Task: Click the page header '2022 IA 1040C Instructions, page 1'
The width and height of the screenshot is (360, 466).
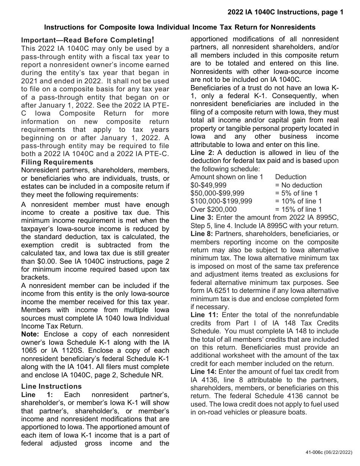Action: point(285,12)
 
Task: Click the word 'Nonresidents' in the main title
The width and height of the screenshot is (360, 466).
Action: point(293,27)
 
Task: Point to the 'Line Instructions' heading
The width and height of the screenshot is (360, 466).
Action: point(52,386)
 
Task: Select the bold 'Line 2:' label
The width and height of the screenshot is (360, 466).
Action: point(202,153)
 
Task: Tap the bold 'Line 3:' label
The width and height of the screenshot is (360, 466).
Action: point(202,217)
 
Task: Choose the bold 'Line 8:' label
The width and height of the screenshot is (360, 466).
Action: point(202,234)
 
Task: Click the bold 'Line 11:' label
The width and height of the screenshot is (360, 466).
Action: point(204,315)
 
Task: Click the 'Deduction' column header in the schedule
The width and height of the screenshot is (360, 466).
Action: point(291,177)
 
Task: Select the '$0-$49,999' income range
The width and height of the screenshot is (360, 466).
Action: point(208,185)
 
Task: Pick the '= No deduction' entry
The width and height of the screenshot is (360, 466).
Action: point(299,185)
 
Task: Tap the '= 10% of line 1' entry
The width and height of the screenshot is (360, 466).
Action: point(299,201)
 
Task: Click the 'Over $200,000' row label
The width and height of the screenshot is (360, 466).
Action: point(213,210)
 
